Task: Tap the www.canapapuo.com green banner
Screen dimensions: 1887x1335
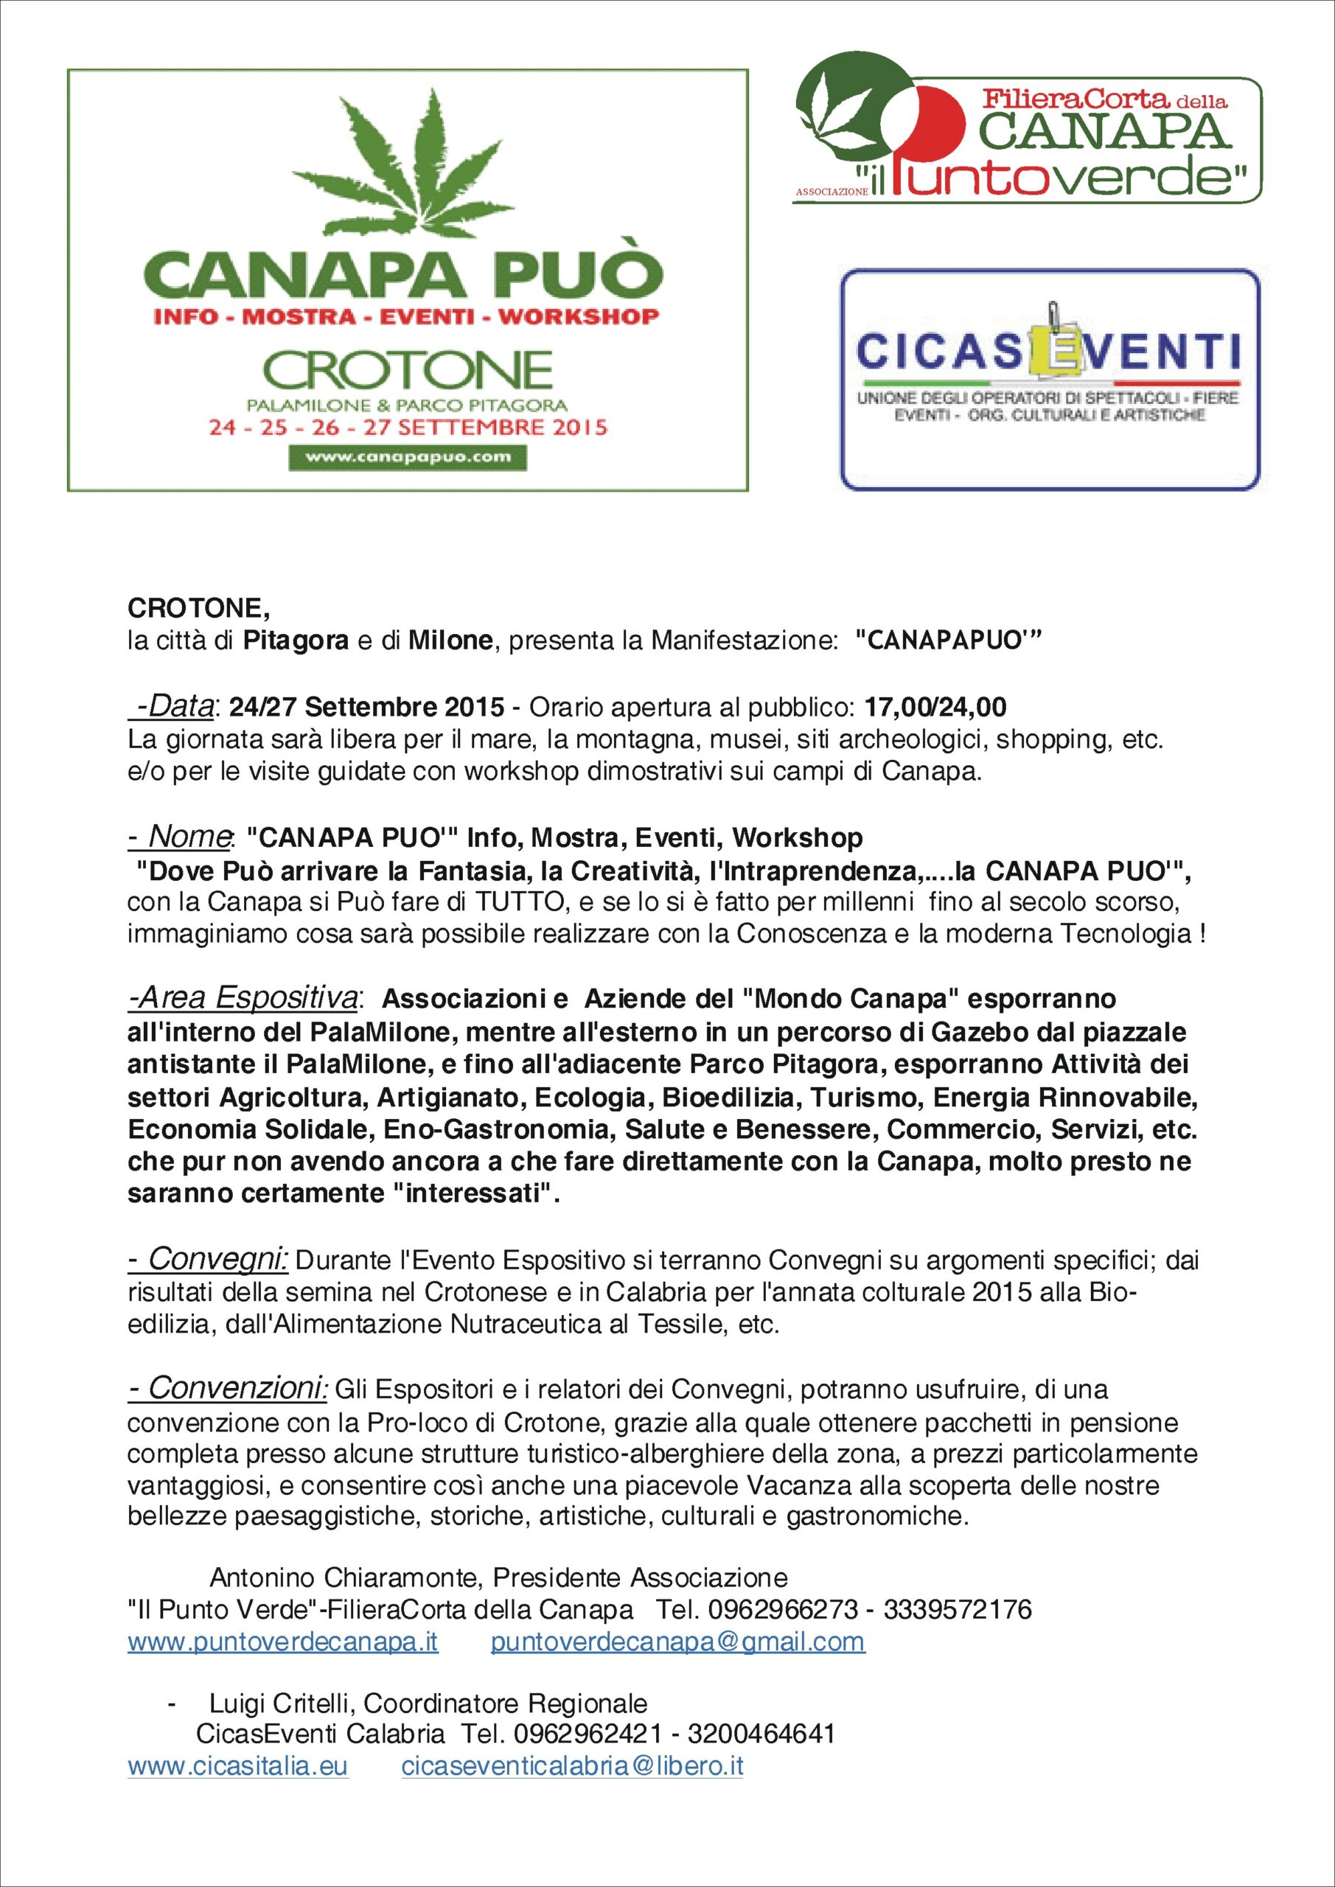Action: pos(407,457)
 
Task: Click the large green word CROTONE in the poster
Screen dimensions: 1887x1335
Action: pos(407,371)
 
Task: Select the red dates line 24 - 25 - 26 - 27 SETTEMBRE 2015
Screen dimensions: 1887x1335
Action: pos(407,428)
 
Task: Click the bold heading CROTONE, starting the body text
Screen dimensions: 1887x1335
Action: pos(198,609)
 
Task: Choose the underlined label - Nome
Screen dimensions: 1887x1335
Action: pos(179,837)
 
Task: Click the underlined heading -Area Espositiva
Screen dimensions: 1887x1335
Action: pos(243,1000)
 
